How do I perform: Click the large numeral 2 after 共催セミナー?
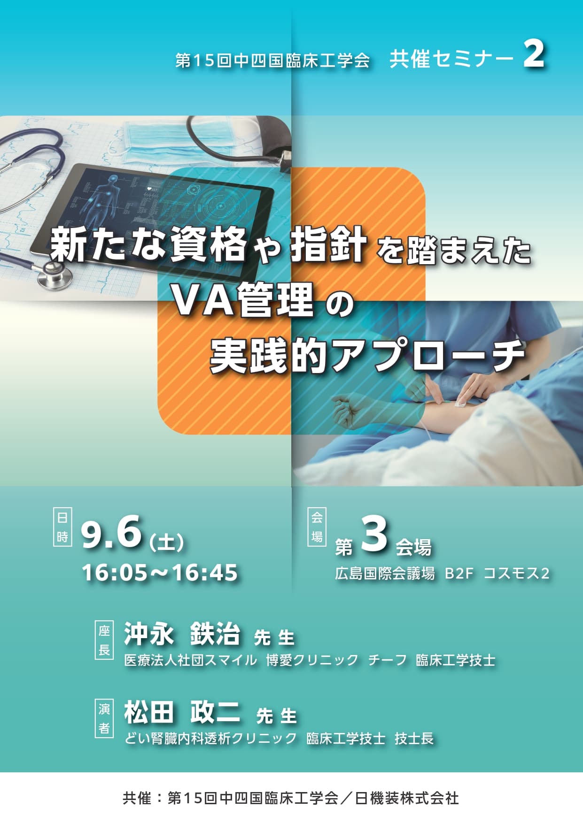(534, 55)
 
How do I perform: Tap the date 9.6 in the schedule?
(111, 532)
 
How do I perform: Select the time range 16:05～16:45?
(160, 573)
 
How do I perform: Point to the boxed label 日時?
(62, 527)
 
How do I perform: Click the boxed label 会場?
(317, 527)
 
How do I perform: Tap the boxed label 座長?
(104, 640)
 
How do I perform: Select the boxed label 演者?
(104, 718)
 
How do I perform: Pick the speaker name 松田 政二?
(182, 712)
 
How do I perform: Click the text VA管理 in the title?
(243, 301)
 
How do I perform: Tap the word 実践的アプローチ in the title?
(367, 356)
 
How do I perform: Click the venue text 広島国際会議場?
(385, 573)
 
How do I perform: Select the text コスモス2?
(516, 573)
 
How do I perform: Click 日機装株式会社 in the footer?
(407, 798)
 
